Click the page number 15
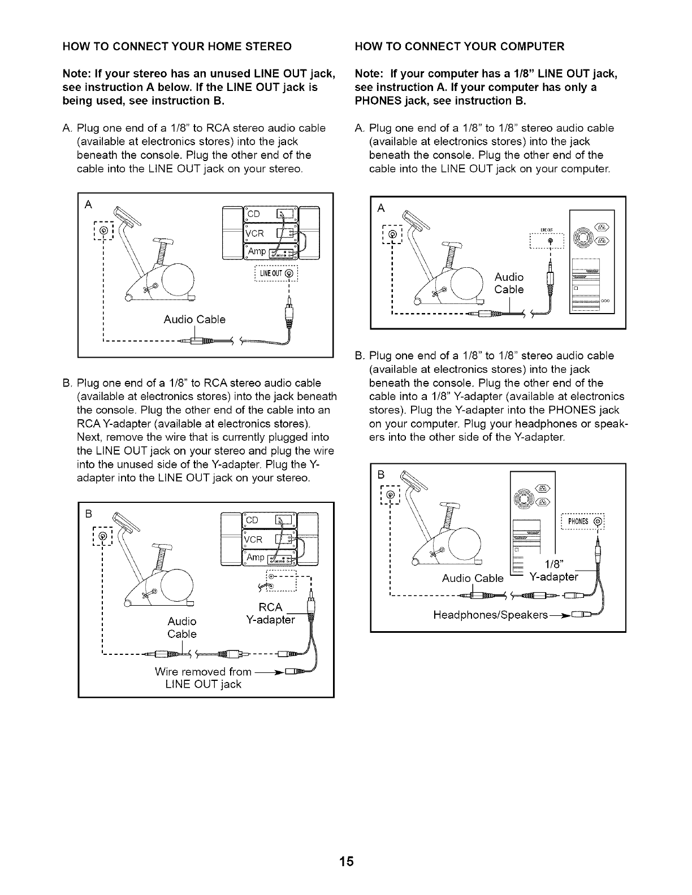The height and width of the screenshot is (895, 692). (x=346, y=861)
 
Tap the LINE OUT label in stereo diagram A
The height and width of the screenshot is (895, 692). (x=275, y=275)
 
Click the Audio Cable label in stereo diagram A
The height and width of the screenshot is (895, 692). (x=194, y=320)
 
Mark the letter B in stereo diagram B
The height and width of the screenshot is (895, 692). (x=88, y=514)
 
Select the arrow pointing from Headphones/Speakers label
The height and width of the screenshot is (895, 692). (x=560, y=614)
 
